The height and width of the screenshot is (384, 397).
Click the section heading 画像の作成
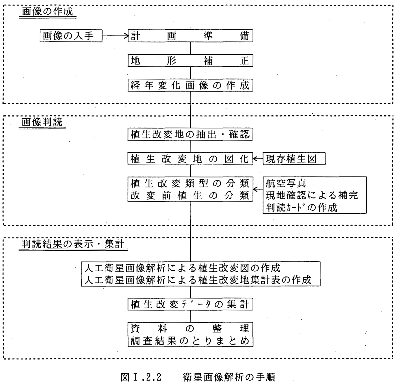47,12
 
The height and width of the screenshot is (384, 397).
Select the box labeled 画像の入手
71,36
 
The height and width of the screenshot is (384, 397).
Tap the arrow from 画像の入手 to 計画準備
115,36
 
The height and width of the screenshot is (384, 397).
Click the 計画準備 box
190,36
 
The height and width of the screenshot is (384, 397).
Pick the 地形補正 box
190,61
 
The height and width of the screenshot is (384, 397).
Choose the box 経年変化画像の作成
190,85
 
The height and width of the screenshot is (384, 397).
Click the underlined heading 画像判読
42,122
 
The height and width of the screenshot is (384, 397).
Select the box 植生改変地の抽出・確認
190,134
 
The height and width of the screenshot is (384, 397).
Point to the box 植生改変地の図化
190,159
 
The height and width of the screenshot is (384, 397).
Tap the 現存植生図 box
294,159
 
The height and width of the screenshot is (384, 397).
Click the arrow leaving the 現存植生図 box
258,159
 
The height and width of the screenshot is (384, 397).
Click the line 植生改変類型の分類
190,183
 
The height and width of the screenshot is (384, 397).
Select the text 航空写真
286,183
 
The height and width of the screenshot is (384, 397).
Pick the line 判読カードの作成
302,207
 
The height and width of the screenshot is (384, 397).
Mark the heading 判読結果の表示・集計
73,244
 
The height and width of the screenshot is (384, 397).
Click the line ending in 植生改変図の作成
182,268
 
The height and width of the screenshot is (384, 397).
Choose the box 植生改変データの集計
190,304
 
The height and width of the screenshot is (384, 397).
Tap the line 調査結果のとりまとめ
190,341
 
